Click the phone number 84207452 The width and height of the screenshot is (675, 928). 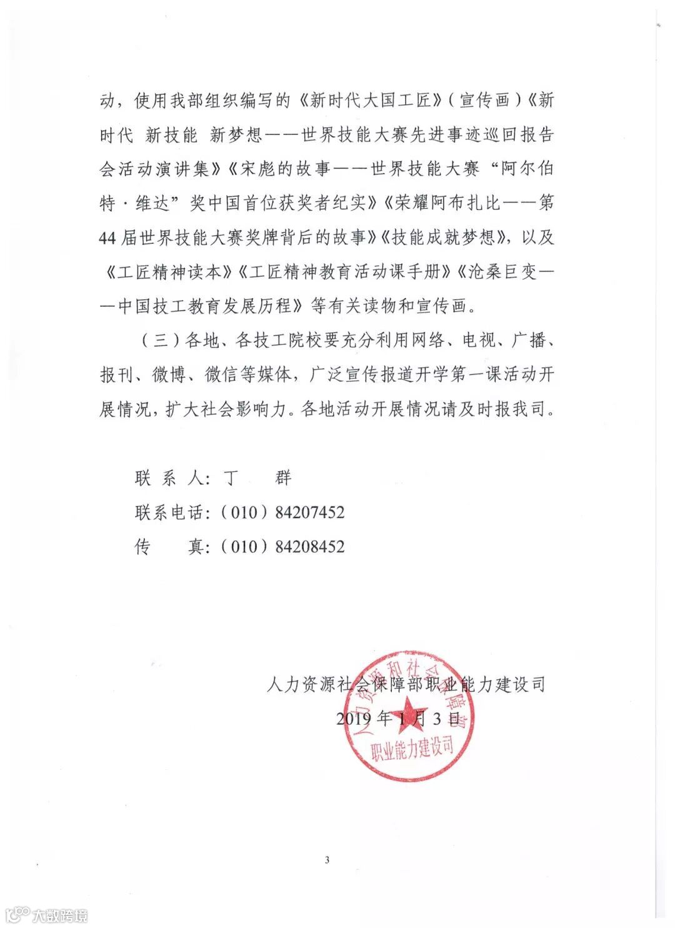coord(310,512)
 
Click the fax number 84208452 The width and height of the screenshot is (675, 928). coord(310,546)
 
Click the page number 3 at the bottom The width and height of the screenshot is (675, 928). coord(327,859)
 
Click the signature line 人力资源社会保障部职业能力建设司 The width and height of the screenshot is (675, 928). coord(406,684)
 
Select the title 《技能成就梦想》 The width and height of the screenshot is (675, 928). coord(444,238)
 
